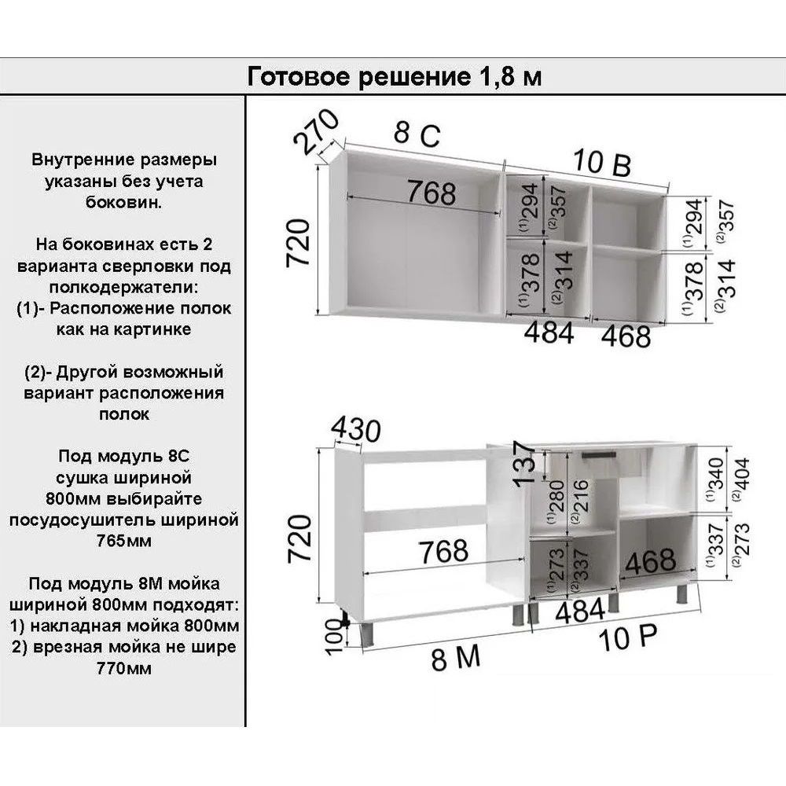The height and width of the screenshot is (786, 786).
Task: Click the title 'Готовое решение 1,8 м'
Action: (x=395, y=77)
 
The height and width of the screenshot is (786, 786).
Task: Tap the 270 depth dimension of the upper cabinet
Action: (x=316, y=130)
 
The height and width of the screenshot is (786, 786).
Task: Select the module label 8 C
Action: (x=417, y=134)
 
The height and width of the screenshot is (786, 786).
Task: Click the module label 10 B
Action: (x=601, y=162)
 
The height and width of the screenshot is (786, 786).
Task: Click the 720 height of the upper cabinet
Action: (x=298, y=243)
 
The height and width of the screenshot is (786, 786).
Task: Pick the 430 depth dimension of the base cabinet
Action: (x=356, y=429)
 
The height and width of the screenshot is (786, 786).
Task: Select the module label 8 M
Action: (x=456, y=658)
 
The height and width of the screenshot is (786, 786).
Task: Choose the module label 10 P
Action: (x=627, y=637)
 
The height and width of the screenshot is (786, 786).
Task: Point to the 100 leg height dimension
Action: (x=334, y=636)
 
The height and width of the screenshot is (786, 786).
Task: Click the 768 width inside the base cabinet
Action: (x=444, y=551)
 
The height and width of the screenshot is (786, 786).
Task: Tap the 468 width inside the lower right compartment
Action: (x=650, y=561)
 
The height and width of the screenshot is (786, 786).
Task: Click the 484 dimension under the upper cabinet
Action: (x=549, y=332)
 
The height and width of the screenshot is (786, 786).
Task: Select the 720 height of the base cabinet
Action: (x=299, y=538)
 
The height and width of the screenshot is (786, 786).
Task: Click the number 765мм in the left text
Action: (x=124, y=541)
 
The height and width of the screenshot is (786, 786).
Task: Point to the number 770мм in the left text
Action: (x=124, y=668)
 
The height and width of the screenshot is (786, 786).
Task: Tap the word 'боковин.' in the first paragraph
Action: (x=124, y=202)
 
